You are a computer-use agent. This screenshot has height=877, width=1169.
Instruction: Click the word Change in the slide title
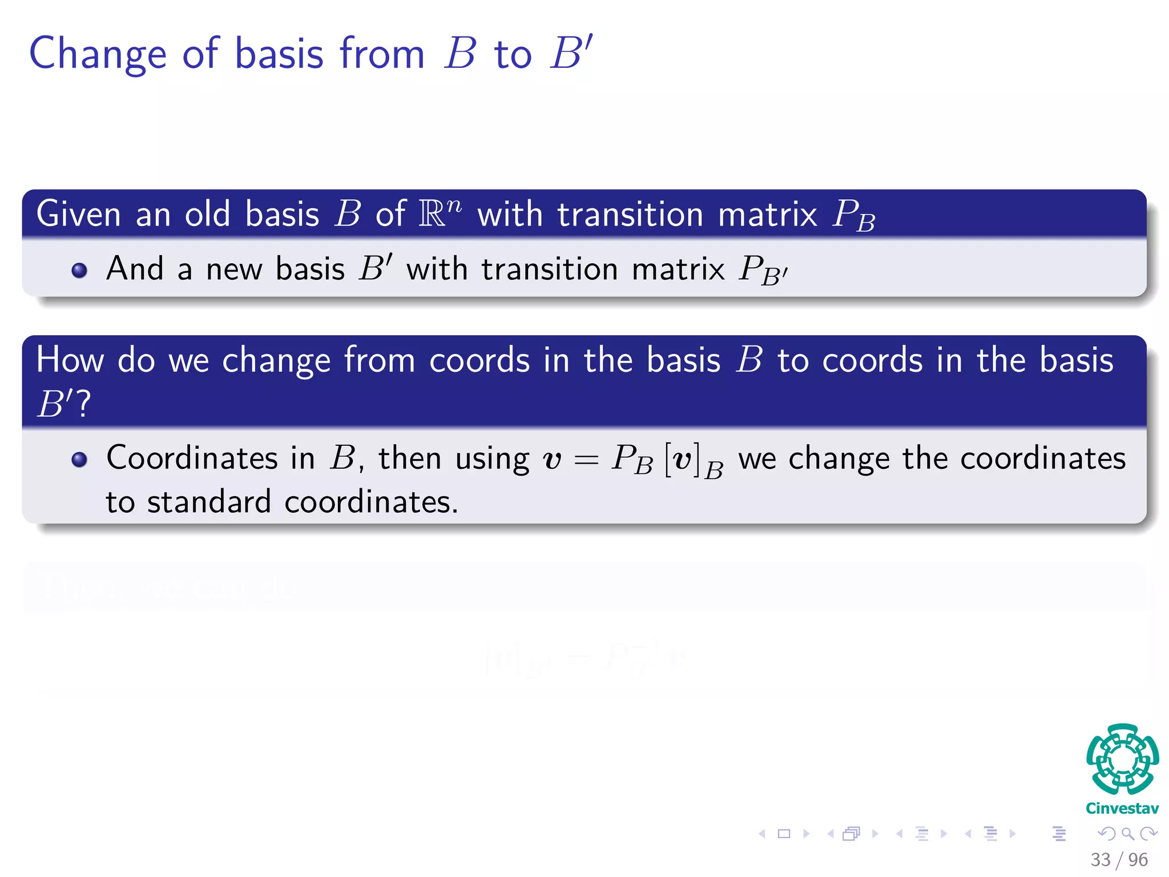tap(98, 55)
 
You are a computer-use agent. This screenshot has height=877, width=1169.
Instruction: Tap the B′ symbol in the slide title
tap(571, 53)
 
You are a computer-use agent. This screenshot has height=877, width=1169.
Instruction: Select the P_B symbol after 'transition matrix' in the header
tap(854, 216)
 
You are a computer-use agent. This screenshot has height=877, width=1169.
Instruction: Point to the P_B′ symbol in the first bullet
tap(763, 270)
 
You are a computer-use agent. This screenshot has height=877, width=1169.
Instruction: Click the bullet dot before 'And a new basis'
tap(79, 270)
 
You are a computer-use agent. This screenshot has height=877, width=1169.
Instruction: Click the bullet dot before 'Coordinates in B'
tap(79, 460)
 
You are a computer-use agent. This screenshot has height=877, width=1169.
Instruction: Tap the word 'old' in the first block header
tap(207, 214)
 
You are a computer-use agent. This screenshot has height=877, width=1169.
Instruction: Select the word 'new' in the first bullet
tap(233, 269)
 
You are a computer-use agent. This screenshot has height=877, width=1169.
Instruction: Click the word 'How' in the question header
tap(70, 360)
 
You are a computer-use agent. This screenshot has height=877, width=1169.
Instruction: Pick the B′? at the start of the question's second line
tap(63, 404)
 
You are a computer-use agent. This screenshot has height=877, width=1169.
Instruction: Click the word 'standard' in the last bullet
tap(208, 502)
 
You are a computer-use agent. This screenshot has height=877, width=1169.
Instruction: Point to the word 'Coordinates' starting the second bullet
tap(192, 458)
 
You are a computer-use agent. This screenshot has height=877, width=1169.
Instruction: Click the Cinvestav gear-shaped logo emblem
tap(1122, 759)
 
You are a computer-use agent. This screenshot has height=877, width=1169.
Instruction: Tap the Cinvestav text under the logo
tap(1122, 808)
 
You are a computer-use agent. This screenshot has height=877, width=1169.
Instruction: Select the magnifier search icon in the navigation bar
tap(1127, 834)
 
